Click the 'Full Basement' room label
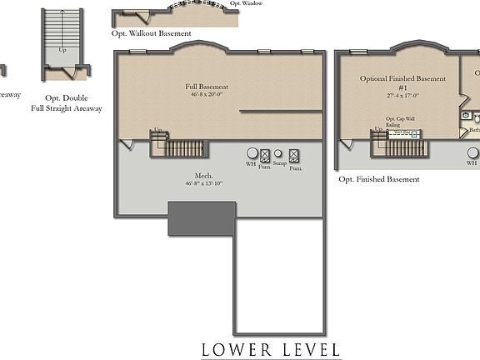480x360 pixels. (207, 87)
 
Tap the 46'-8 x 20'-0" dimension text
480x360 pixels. (207, 94)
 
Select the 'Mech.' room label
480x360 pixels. (205, 176)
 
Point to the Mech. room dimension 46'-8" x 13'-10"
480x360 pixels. (205, 183)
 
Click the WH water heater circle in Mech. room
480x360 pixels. (252, 154)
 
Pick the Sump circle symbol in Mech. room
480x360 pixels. (279, 154)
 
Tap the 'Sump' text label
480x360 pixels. (279, 164)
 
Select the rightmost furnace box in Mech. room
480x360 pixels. (293, 155)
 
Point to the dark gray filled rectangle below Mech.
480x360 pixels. (201, 217)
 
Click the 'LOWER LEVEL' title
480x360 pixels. (271, 349)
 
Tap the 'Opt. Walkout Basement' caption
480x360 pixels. (151, 34)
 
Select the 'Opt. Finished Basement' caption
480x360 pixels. (378, 179)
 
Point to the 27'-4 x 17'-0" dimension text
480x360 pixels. (402, 95)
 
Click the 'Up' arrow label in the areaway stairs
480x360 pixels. (62, 50)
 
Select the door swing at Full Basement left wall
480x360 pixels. (124, 145)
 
